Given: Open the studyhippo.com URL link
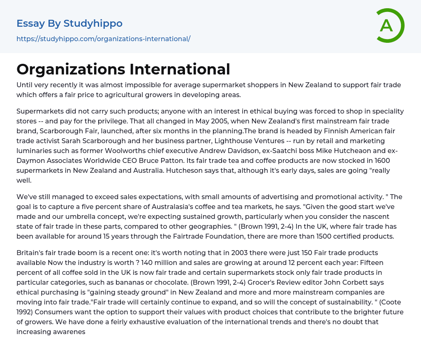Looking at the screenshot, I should pos(103,39).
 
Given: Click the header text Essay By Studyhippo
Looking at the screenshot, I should pos(69,23).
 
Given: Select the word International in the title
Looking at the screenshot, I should pos(180,69).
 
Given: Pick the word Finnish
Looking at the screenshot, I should pos(322,131).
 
